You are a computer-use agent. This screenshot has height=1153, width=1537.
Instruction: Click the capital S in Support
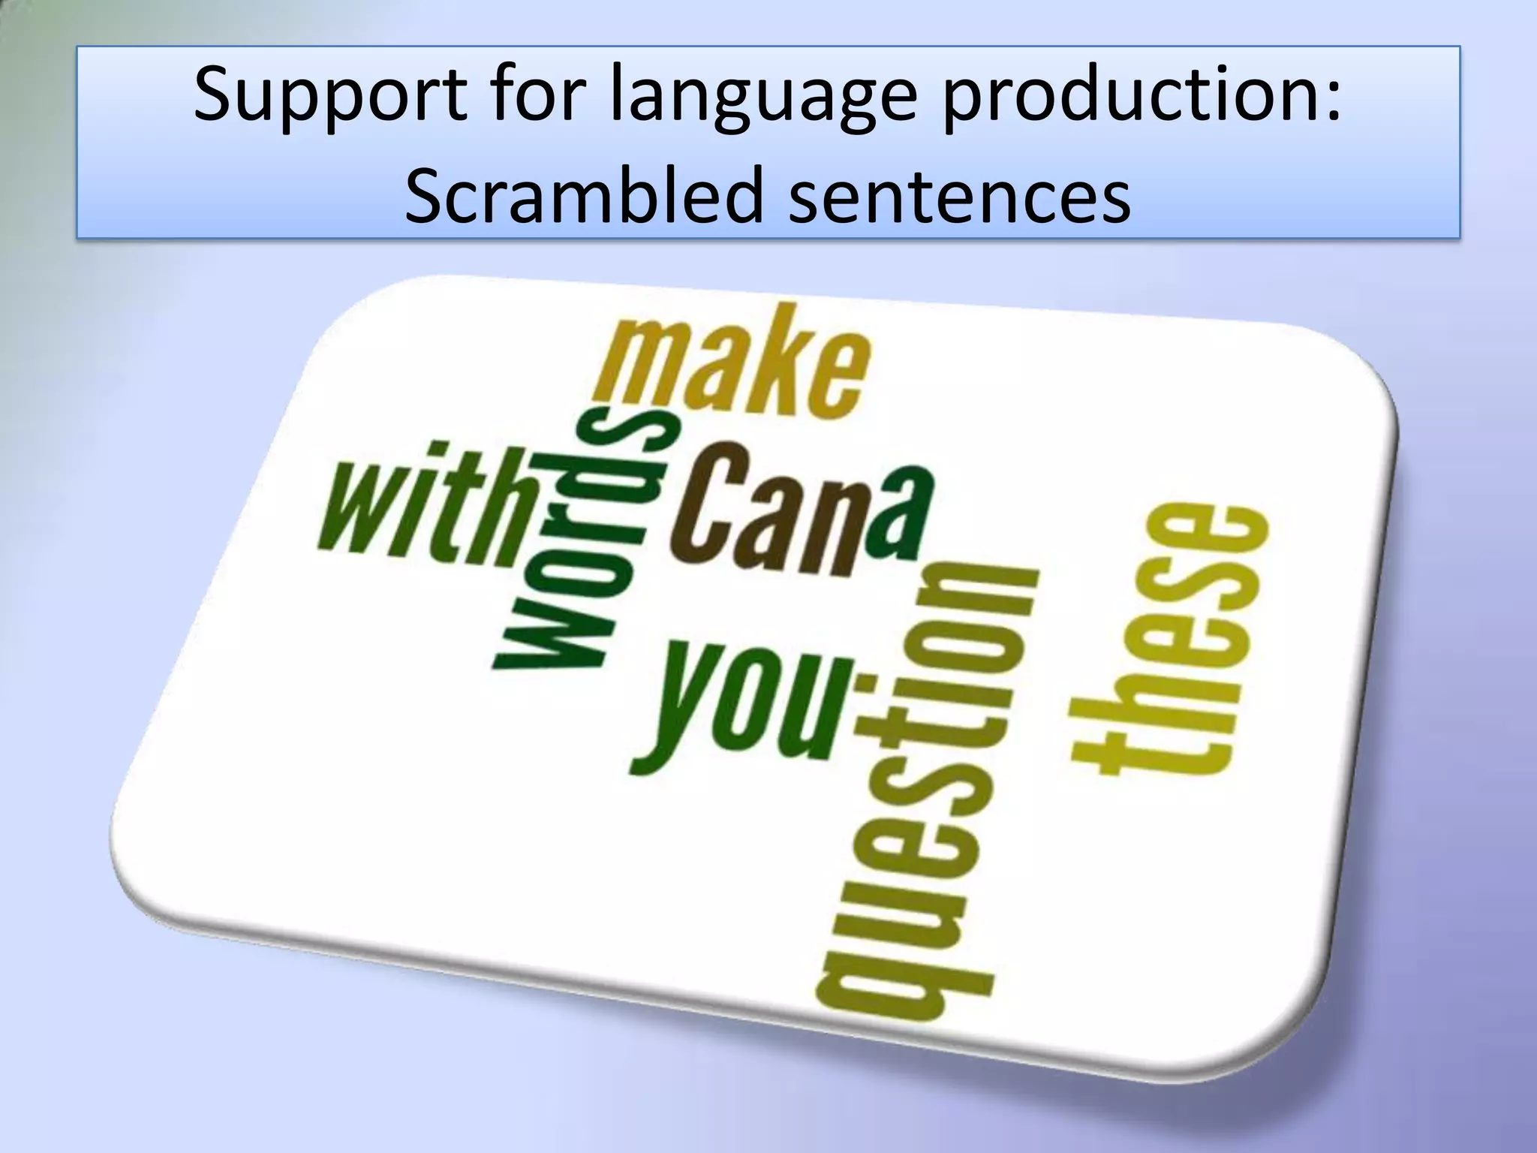point(218,94)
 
